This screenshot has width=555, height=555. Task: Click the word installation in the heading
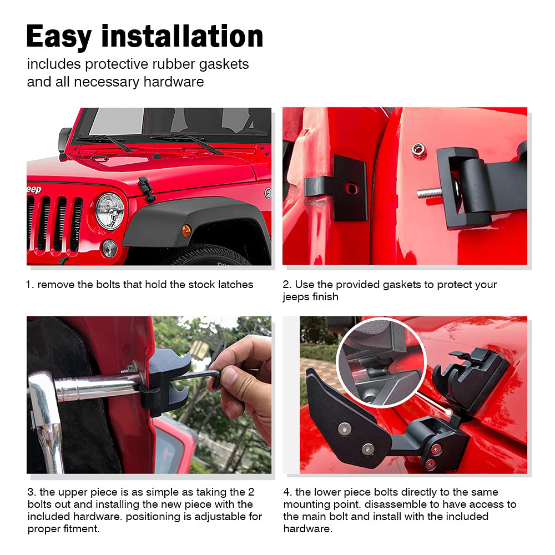tap(183, 37)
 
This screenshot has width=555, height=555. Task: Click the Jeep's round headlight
tap(110, 211)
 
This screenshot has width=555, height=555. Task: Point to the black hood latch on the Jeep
tap(147, 189)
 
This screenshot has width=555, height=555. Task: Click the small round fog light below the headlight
tap(109, 248)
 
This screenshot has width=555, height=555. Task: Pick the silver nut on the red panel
tap(418, 149)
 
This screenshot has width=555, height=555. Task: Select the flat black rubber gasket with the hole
tap(349, 188)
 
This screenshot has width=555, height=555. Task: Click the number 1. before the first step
tap(30, 285)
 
